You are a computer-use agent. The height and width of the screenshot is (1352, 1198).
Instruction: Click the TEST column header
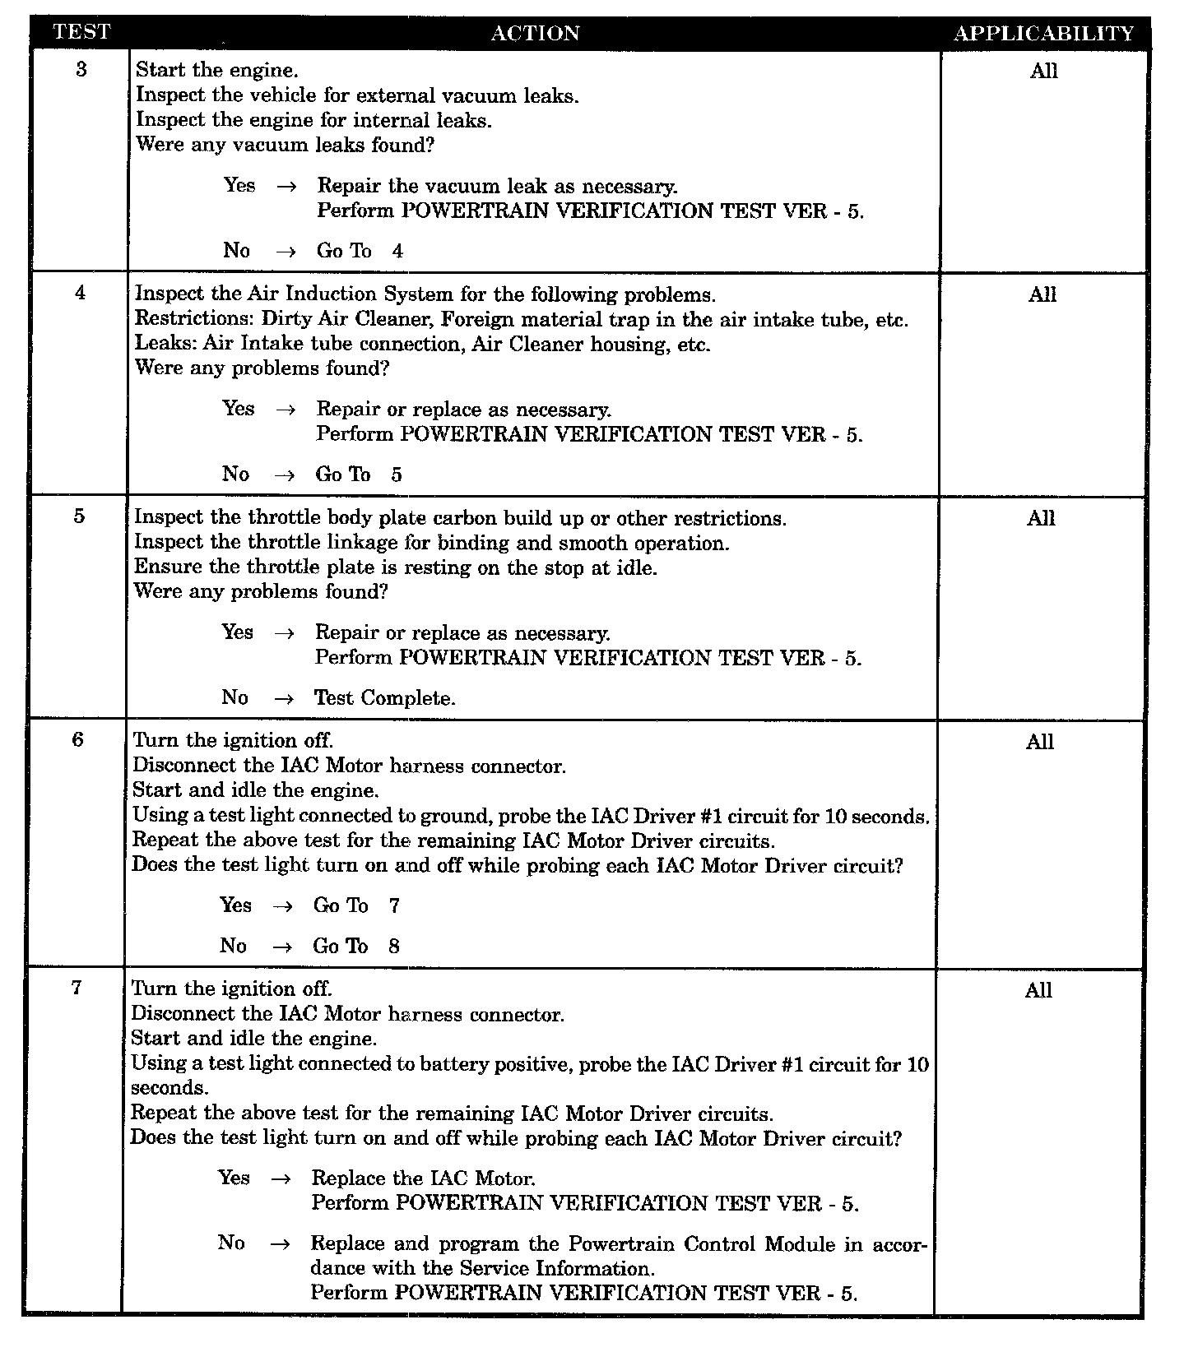tap(81, 33)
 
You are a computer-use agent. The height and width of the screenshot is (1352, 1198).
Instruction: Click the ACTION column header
tap(535, 34)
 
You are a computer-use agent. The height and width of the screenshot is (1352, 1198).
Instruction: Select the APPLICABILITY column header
tap(1043, 34)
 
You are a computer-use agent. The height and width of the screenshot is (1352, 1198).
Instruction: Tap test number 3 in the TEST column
tap(81, 69)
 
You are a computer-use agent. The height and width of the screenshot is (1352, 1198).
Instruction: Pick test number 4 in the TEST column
tap(80, 293)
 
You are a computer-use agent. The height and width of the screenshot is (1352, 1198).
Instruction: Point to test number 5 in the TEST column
tap(79, 516)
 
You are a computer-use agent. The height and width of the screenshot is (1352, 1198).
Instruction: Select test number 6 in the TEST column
tap(77, 739)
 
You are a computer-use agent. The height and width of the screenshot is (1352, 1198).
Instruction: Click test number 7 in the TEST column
tap(77, 988)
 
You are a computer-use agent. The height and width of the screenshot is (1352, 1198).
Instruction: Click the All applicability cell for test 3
tap(1043, 72)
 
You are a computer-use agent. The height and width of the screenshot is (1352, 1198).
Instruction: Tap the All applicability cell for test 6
tap(1040, 743)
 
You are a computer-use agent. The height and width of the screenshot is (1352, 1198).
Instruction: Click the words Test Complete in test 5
tap(385, 698)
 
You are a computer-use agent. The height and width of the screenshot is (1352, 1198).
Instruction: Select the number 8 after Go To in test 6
tap(394, 947)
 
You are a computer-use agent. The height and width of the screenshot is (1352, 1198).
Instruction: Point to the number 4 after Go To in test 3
tap(397, 252)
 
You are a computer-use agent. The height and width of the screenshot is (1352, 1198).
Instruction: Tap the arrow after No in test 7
tap(280, 1245)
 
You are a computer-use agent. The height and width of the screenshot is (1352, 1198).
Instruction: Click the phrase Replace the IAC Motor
tap(424, 1178)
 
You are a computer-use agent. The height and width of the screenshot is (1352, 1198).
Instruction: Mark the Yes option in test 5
tap(237, 632)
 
